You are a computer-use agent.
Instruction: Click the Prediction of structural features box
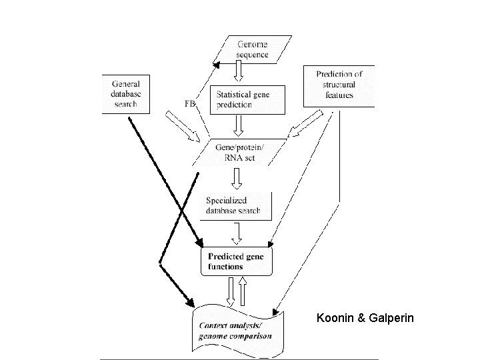[x=339, y=85]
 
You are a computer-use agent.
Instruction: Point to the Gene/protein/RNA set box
[x=237, y=152]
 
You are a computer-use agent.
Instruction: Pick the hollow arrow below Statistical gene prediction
[x=238, y=125]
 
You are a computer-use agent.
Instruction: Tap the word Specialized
[x=227, y=200]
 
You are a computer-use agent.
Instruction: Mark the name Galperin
[x=391, y=319]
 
